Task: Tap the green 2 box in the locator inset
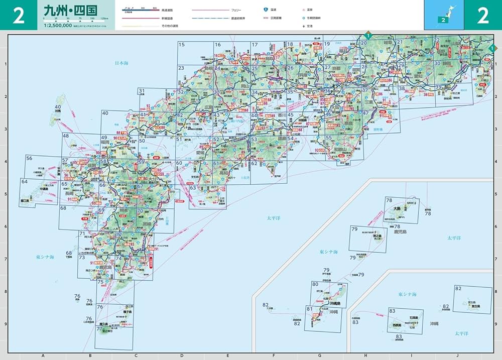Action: (442, 20)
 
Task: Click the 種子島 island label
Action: (125, 312)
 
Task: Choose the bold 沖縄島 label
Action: (335, 304)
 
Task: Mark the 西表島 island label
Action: (394, 325)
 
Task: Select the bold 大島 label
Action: (397, 208)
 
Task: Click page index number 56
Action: (29, 158)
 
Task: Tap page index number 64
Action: (24, 181)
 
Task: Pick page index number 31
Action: (142, 91)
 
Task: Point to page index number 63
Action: (193, 188)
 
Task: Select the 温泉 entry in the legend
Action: (317, 10)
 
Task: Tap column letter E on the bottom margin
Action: (227, 355)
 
